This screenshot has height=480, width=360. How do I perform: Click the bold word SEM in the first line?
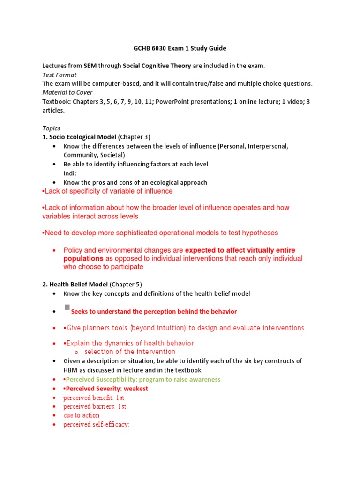pos(90,66)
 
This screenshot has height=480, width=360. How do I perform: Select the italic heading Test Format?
pos(60,75)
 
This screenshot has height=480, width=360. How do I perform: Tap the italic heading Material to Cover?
pos(67,92)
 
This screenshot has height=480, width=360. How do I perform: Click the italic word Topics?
pos(51,128)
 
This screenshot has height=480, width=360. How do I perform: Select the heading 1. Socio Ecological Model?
pos(79,137)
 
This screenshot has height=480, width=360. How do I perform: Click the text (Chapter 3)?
pos(134,137)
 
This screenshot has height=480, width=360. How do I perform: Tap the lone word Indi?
pos(70,173)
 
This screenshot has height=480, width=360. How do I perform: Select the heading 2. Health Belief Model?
pos(75,284)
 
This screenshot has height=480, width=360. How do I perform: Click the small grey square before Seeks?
pos(67,307)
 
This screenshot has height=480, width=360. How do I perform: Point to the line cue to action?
pos(82,415)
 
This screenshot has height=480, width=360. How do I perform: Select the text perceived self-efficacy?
pos(96,425)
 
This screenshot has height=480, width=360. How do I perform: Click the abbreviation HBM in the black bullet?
pos(71,370)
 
